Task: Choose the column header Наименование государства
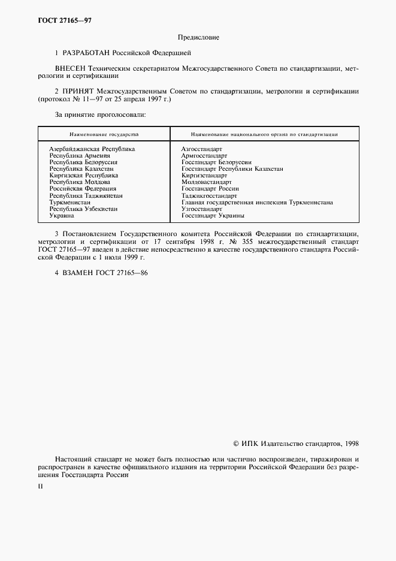104,134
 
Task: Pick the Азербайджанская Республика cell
92,148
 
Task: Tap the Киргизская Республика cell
83,176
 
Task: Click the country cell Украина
62,215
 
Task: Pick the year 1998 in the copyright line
348,444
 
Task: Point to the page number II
40,486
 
